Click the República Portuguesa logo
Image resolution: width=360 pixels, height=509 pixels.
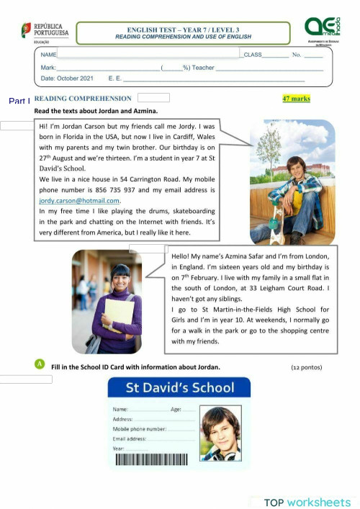click(x=45, y=31)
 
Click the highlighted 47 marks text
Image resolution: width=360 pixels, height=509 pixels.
click(x=296, y=99)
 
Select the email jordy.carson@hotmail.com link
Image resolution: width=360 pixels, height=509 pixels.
click(x=79, y=201)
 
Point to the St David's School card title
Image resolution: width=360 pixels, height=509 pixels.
click(x=180, y=388)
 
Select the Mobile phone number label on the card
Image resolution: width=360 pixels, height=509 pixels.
click(x=139, y=428)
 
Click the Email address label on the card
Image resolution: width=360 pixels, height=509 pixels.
click(x=130, y=438)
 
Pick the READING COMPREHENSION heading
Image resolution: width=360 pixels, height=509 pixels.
click(x=83, y=99)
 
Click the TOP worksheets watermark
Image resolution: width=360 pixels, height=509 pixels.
click(x=307, y=501)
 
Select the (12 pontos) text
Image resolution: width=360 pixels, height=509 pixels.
click(x=307, y=367)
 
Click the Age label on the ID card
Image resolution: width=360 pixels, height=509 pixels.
click(x=176, y=409)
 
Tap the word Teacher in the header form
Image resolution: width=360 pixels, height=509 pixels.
click(x=204, y=67)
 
